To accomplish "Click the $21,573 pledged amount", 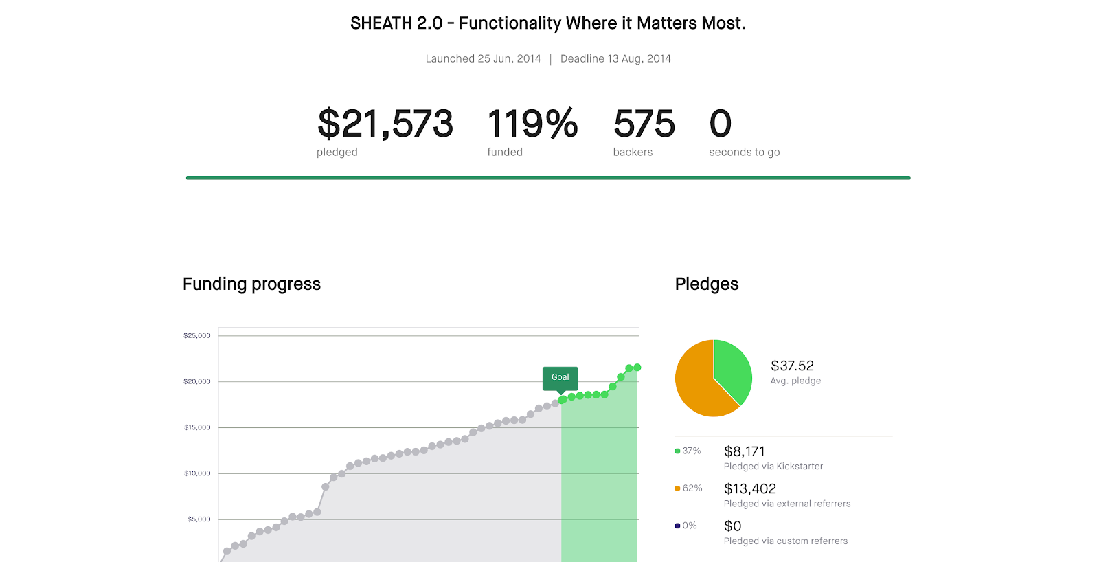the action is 385,124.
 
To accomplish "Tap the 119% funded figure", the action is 532,123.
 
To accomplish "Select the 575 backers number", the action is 644,123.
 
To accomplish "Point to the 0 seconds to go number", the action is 721,123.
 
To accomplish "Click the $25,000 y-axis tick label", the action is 196,336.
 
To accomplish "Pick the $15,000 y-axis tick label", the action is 197,427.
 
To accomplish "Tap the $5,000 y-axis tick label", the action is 199,519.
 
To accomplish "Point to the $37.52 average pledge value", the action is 792,366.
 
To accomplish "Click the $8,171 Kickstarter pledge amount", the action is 745,451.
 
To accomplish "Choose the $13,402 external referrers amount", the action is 750,489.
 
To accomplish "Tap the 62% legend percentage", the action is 692,488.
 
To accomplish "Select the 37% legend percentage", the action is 692,451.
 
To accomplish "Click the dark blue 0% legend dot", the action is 677,526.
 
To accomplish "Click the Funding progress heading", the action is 251,284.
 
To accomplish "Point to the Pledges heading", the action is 707,284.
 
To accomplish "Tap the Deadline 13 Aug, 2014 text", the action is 615,59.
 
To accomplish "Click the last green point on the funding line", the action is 637,368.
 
